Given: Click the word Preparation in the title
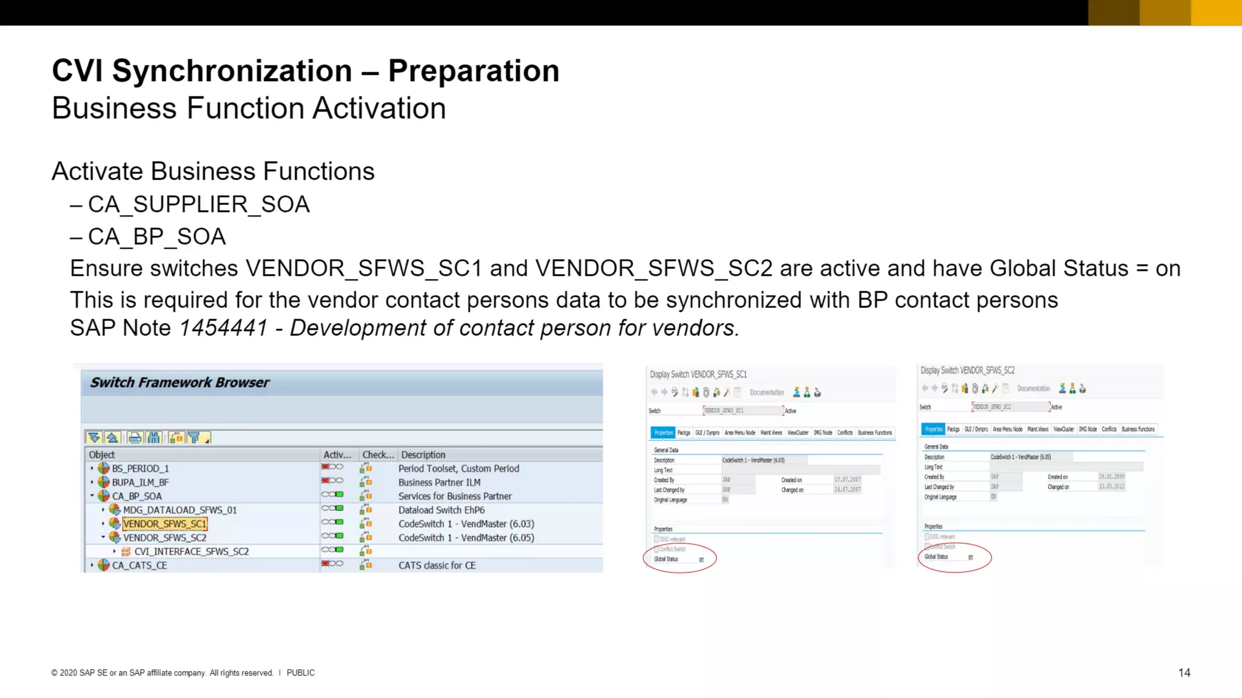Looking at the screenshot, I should click(473, 71).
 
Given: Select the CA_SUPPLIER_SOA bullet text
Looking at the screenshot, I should click(198, 205).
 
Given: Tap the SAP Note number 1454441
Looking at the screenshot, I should click(223, 328).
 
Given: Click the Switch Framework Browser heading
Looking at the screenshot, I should click(180, 382).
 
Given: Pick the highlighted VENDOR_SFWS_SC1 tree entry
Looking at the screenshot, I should click(164, 523).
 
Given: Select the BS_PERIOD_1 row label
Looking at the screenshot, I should click(140, 468).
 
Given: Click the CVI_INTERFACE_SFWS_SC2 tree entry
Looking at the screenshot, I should click(191, 551).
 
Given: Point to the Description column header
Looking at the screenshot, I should click(423, 454).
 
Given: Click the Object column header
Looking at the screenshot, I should click(101, 454).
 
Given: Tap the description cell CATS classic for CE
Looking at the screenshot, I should click(437, 565).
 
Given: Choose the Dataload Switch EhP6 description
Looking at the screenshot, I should click(441, 510).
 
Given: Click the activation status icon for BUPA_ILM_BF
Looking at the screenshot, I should click(332, 481).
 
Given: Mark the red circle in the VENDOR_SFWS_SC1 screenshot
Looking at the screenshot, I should click(679, 557).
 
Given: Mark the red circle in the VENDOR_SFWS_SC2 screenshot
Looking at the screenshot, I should click(955, 556).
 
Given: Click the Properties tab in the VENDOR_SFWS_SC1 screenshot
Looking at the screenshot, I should click(663, 433).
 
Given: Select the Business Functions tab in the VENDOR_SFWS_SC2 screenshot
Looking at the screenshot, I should click(1138, 429).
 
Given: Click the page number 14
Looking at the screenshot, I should click(1184, 673).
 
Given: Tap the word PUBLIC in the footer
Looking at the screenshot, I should click(300, 673).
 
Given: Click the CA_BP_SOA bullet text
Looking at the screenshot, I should click(156, 237).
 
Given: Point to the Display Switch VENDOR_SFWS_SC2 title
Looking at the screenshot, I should click(967, 370).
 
